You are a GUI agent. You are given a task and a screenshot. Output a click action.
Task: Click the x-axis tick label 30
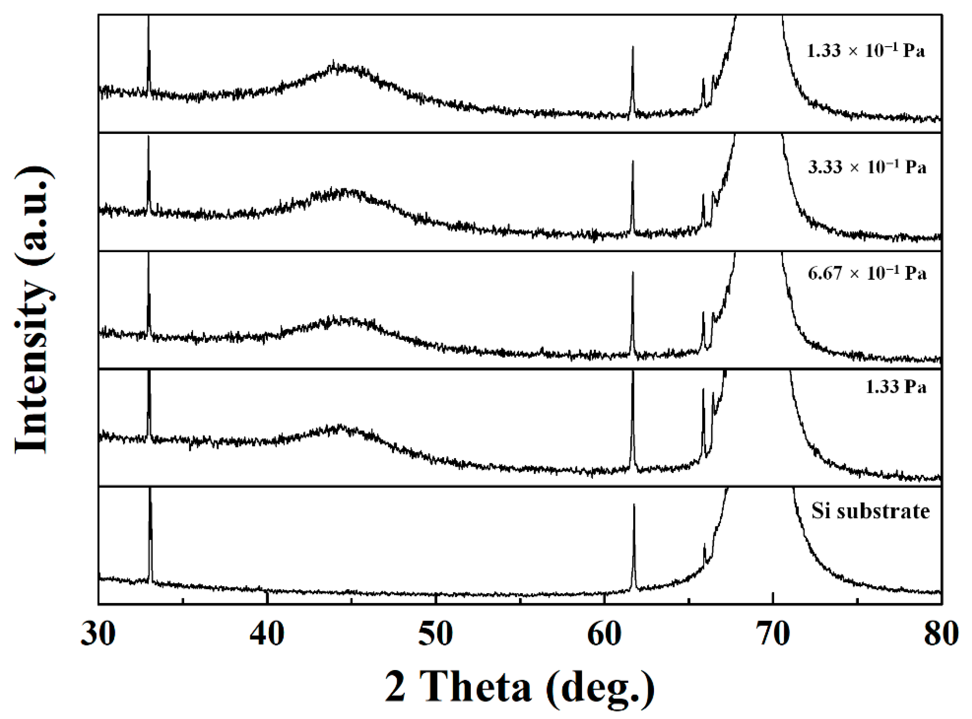[98, 634]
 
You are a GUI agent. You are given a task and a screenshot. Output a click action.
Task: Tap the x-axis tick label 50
[436, 634]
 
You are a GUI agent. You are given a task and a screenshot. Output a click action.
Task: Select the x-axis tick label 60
[604, 634]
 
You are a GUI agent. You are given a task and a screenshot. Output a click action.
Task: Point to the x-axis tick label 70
[773, 634]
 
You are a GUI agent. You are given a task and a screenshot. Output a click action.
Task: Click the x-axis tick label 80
[941, 634]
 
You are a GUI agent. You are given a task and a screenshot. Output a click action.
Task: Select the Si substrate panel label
[870, 511]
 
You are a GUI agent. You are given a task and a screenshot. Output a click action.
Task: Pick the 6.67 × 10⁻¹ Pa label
[867, 273]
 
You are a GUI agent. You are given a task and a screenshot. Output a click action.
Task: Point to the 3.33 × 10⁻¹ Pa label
[867, 167]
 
